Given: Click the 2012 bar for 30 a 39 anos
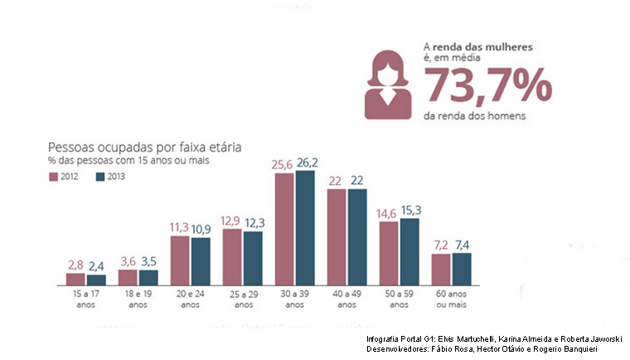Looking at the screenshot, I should coord(284,229).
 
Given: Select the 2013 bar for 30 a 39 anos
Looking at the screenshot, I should coord(305,227).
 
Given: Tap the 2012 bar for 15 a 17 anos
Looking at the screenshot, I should coord(76,278).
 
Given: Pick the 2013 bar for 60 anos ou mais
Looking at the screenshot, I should coord(461,269).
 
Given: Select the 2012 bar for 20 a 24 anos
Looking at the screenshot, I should coord(181,260).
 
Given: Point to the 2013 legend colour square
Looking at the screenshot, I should coord(100,177).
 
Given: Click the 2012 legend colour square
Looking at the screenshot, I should coord(53,177).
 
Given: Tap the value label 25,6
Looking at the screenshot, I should coord(283,165).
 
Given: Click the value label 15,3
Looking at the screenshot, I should coord(410,211).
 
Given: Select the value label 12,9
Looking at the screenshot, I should coord(232,221).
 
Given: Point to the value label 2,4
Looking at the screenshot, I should coord(97,265).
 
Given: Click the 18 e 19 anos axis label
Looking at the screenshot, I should coord(138,299).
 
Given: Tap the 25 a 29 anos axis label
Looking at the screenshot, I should coord(243,299).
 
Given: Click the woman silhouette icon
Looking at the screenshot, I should coord(387,85).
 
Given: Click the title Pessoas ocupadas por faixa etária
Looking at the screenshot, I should coord(144,147).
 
